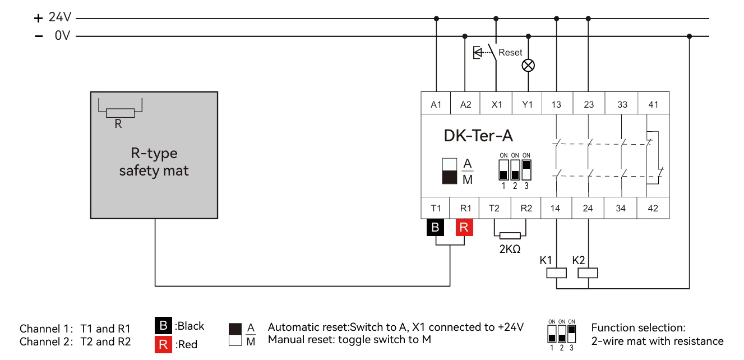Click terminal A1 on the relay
pos(436,104)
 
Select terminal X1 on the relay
pos(497,104)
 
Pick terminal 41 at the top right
pos(653,104)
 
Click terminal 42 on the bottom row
pos(653,208)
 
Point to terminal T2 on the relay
pos(494,208)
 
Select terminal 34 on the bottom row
pos(621,208)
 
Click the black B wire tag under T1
pos(436,228)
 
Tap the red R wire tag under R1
pos(465,228)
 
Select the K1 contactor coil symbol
pos(556,273)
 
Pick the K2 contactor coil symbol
pos(588,273)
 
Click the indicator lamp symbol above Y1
pos(528,66)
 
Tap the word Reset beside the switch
pos(510,53)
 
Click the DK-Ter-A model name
pos(478,136)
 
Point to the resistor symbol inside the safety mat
pos(120,113)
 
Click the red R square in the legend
pos(163,344)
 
